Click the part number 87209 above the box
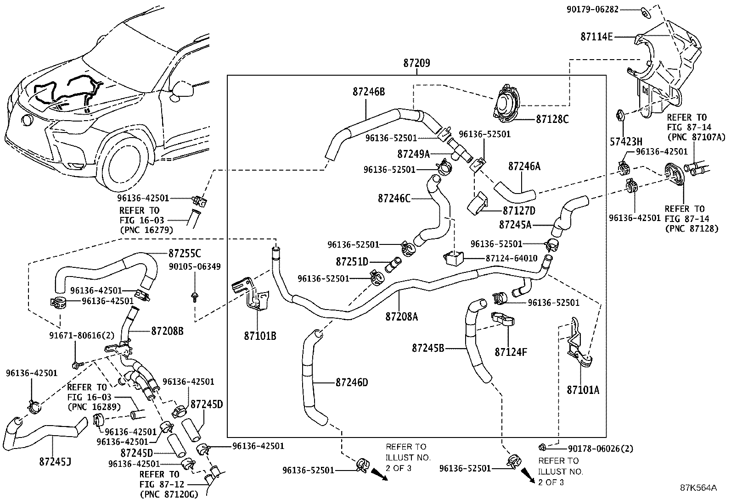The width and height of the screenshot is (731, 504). point(416,64)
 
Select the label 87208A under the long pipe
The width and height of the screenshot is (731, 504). point(401,316)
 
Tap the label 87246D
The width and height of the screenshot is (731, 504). point(352,382)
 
